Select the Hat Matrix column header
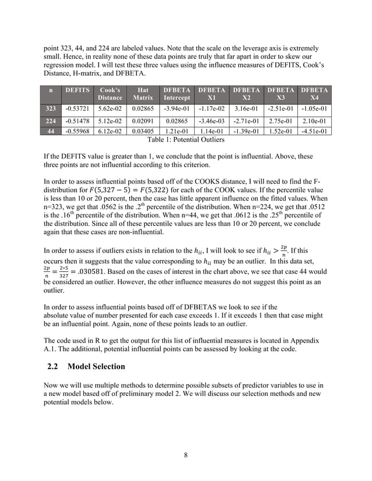[143, 94]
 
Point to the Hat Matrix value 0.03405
[143, 131]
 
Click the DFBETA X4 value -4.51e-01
[314, 131]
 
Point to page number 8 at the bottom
[185, 455]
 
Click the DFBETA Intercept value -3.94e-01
[177, 108]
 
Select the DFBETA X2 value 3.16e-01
[245, 108]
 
